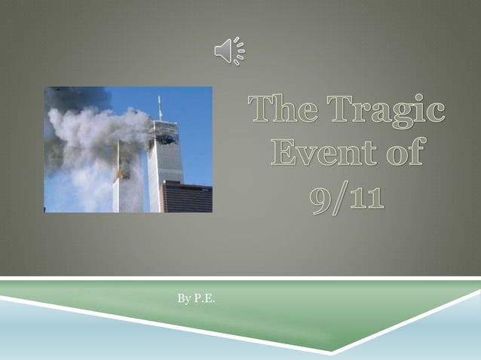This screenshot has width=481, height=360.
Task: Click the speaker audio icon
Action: click(x=229, y=50)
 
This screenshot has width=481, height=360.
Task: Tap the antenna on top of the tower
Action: click(x=160, y=108)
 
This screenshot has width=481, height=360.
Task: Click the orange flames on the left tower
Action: click(x=120, y=175)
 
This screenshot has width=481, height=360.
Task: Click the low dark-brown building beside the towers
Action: click(x=187, y=197)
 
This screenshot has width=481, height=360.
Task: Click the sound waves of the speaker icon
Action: click(x=240, y=50)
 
